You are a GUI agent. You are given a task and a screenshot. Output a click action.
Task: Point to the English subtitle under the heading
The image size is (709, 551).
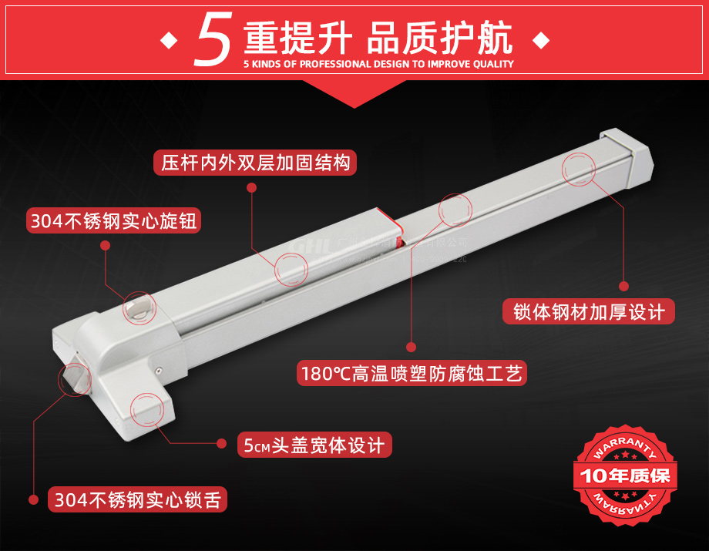[x=378, y=65]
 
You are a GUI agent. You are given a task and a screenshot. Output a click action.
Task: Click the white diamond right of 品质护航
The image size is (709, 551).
[x=541, y=39]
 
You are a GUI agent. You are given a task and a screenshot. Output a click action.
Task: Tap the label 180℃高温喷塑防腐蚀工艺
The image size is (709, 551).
[x=412, y=375]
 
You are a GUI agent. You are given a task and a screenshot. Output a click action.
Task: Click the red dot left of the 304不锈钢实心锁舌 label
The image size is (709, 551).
[x=32, y=499]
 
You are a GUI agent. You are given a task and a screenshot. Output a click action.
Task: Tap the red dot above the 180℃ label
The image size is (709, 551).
[x=412, y=346]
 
